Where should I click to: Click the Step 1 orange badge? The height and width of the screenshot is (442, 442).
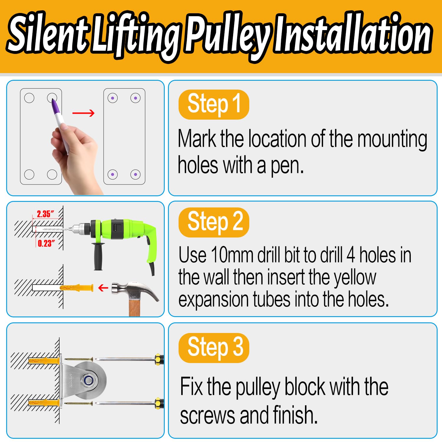(x=214, y=104)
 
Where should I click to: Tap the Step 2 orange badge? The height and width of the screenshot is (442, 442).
(x=214, y=222)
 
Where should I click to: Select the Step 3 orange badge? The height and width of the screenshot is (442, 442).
(x=214, y=348)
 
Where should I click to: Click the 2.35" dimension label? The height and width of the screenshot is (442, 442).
(x=45, y=214)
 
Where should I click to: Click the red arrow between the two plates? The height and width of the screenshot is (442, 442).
(x=83, y=113)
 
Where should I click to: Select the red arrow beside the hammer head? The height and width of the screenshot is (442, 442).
(x=103, y=288)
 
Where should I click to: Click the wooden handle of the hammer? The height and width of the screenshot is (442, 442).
(x=134, y=308)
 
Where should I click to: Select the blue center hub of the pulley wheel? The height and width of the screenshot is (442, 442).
(x=88, y=380)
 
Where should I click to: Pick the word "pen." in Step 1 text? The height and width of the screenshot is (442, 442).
(x=287, y=166)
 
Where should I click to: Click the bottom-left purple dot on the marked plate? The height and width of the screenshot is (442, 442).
(x=113, y=174)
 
